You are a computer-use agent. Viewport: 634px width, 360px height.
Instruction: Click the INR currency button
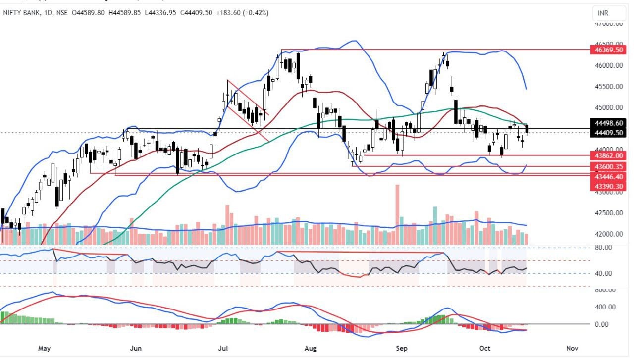pos(603,13)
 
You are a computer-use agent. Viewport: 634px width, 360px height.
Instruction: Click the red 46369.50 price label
pos(609,50)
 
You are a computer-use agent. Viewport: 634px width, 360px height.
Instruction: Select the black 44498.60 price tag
pos(609,123)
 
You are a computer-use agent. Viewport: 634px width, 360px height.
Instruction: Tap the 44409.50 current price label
pos(609,133)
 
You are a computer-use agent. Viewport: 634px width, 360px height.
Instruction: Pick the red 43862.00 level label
pos(609,155)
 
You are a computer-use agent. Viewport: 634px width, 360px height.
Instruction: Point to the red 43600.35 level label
pos(609,167)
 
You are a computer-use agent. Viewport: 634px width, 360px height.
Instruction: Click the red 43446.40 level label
pos(609,176)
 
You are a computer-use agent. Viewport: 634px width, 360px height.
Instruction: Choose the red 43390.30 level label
pos(609,186)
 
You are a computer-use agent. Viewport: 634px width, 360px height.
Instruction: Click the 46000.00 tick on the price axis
pos(609,65)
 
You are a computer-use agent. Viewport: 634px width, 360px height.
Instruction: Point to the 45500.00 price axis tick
pos(609,87)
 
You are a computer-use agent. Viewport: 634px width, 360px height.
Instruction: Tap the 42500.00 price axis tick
pos(609,213)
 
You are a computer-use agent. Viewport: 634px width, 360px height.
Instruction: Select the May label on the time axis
pos(45,348)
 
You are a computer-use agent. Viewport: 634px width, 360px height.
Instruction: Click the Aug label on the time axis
pos(311,348)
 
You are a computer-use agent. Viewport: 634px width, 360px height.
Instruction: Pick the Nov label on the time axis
pos(572,348)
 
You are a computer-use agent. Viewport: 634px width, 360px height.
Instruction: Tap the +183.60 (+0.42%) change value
pos(242,13)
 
